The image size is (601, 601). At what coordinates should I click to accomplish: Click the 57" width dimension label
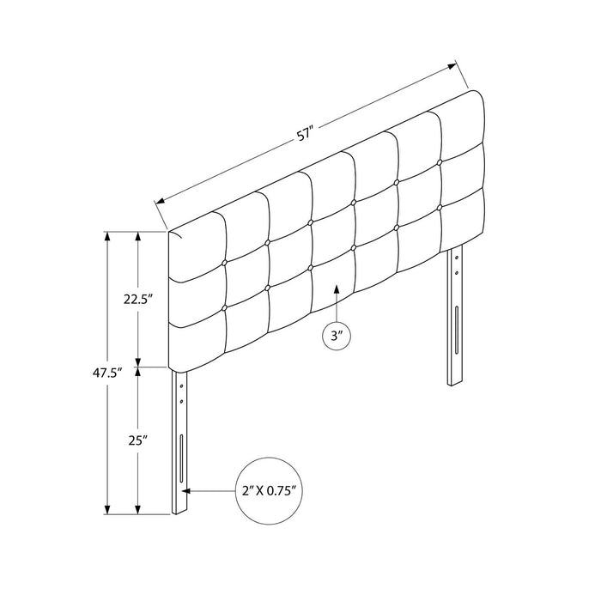305,136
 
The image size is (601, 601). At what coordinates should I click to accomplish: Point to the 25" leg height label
138,440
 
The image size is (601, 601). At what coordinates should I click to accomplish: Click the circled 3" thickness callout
337,336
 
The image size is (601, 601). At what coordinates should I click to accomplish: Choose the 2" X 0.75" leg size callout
269,490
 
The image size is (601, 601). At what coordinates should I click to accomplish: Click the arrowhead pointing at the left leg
186,490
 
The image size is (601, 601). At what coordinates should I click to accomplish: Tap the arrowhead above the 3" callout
337,288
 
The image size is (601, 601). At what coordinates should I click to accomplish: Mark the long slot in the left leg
181,458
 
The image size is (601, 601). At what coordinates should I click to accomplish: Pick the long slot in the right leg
457,329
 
